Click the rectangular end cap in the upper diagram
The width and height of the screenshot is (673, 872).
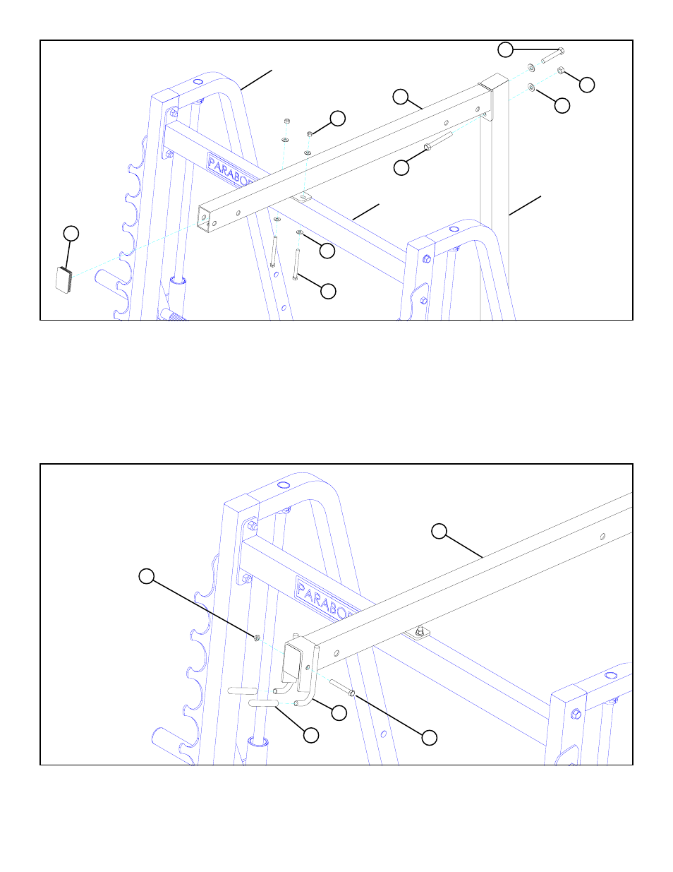pos(64,280)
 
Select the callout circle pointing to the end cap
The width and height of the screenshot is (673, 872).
pos(71,234)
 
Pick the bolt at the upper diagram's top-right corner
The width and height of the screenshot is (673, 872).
pos(552,56)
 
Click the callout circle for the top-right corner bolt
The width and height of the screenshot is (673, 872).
pos(506,49)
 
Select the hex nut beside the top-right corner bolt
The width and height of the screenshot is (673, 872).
pos(561,70)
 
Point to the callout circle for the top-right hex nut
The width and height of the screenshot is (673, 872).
pos(586,85)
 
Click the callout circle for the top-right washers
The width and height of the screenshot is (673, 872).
pos(562,105)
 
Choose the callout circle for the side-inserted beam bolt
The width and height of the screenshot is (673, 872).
pos(401,167)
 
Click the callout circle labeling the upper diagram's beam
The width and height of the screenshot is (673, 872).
pos(401,97)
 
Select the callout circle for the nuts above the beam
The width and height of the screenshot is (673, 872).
pos(338,118)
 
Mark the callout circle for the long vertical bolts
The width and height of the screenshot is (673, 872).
pos(328,290)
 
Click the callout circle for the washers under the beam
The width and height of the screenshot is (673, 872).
pos(327,250)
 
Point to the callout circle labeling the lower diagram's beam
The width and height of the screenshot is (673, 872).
pos(439,532)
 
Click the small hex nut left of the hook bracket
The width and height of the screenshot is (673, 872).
pos(257,638)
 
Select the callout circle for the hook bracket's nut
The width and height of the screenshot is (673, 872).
pos(146,576)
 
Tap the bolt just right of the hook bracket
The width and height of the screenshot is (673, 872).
pos(341,687)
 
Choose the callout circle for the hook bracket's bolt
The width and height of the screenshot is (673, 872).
pos(429,737)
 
